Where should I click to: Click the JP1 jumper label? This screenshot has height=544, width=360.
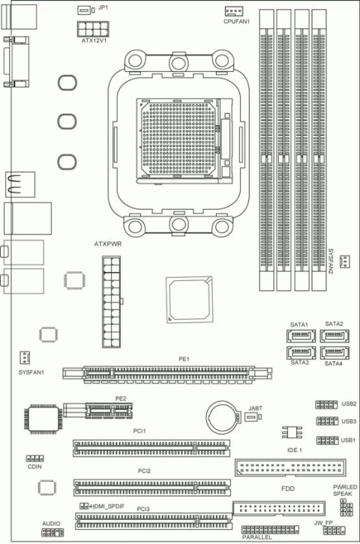click(x=103, y=7)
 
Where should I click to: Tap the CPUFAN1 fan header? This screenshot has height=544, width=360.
click(x=234, y=11)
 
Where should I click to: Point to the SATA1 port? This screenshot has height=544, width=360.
click(x=298, y=335)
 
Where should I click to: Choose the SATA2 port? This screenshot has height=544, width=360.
click(x=332, y=335)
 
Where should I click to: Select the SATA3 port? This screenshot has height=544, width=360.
click(x=298, y=352)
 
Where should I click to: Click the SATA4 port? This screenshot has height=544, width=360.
click(x=332, y=352)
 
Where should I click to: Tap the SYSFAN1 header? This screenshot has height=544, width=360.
click(x=25, y=357)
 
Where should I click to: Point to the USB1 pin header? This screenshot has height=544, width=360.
click(x=326, y=440)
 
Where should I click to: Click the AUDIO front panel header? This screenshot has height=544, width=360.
click(x=52, y=532)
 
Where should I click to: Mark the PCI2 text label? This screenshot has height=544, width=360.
click(x=144, y=471)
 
